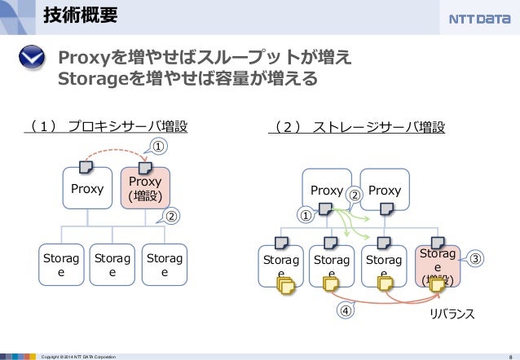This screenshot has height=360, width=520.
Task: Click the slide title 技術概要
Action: point(79,15)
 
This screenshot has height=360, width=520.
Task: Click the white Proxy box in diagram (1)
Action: point(87,191)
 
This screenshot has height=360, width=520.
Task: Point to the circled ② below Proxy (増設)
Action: point(171,217)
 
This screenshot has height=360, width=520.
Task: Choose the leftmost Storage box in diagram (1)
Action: point(59,265)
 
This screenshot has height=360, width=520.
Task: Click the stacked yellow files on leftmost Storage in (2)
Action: point(286,286)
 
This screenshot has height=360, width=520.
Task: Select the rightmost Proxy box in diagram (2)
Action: point(384,191)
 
